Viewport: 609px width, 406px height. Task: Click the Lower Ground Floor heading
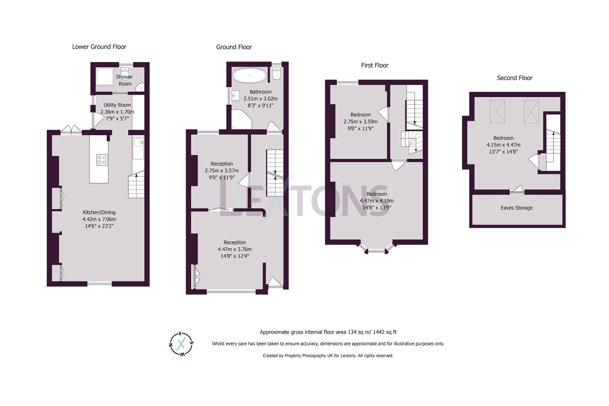click(99, 47)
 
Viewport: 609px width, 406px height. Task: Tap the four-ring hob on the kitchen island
click(102, 160)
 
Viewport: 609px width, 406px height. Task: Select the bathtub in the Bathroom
click(250, 76)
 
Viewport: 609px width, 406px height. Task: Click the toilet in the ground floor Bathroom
click(276, 73)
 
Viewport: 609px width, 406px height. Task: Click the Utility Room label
click(117, 105)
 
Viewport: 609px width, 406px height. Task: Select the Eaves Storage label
click(517, 208)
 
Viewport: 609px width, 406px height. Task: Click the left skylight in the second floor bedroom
click(497, 111)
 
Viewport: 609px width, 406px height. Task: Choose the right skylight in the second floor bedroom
click(531, 112)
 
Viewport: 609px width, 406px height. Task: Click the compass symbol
click(182, 344)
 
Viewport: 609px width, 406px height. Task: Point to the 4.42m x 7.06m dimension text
click(99, 219)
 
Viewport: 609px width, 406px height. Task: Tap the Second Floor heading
click(515, 78)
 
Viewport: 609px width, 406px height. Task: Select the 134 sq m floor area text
click(328, 332)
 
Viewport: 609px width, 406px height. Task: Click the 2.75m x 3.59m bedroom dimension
click(361, 121)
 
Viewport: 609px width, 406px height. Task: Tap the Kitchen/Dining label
click(99, 212)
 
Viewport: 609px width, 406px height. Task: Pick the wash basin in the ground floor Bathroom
click(236, 95)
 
